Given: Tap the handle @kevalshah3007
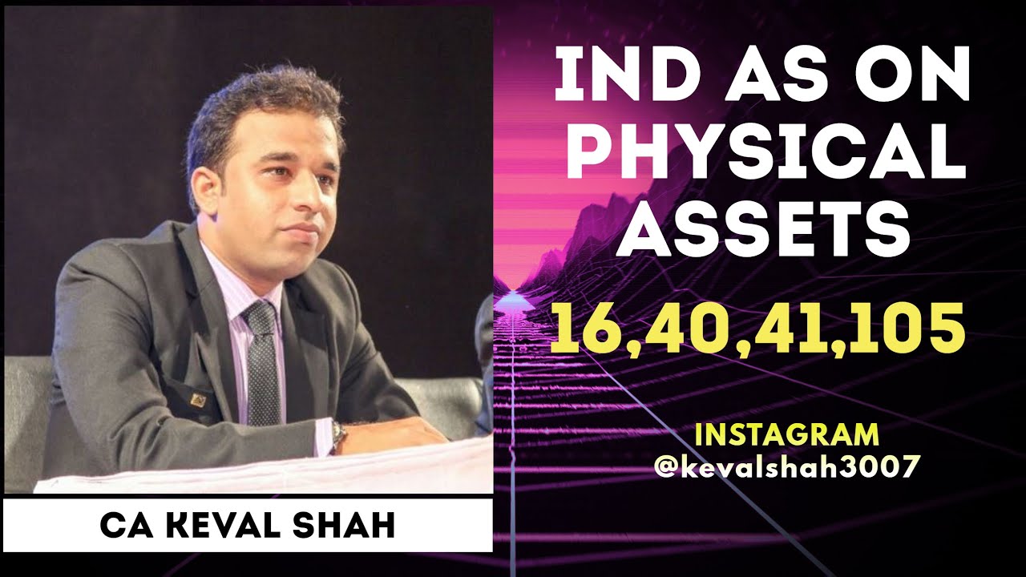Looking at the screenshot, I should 786,466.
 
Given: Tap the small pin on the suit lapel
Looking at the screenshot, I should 197,398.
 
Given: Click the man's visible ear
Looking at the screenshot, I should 204,192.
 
